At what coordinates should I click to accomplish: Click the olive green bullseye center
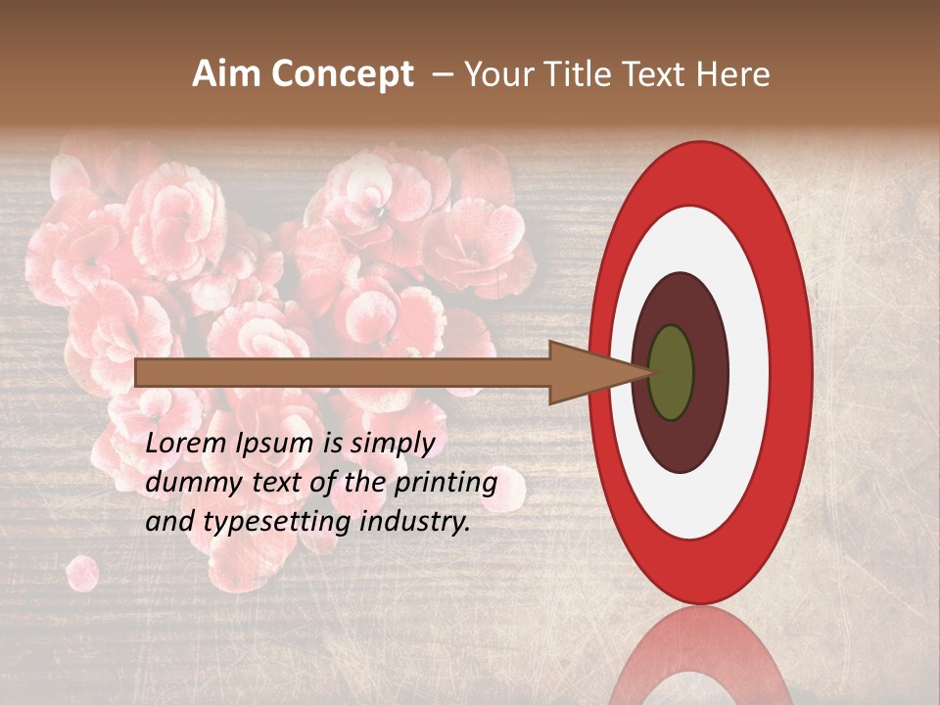tap(671, 372)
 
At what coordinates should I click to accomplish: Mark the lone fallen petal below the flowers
tap(82, 573)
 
